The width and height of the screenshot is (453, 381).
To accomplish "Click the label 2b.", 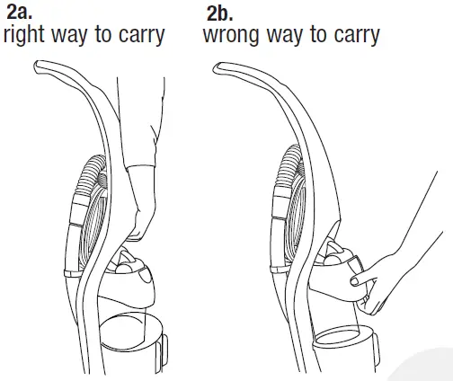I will click(x=218, y=13).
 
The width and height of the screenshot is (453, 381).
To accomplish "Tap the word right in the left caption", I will click(x=28, y=36).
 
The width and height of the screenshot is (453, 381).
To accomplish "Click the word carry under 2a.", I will click(x=138, y=37).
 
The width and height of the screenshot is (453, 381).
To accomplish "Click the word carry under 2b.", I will click(x=353, y=37).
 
